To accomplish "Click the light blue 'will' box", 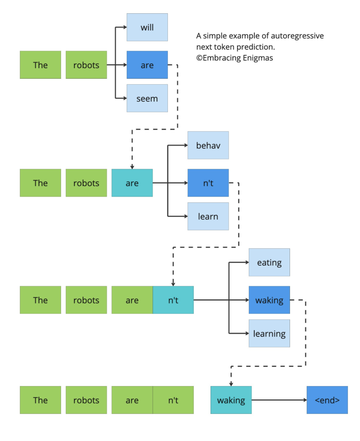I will [x=147, y=27].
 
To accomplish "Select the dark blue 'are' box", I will [x=147, y=65].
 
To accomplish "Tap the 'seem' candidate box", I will [x=147, y=98].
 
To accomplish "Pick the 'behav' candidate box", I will [x=208, y=145].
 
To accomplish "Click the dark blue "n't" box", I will [x=208, y=183].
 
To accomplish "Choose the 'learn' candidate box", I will [x=208, y=216].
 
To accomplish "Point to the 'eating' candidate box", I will [x=269, y=262].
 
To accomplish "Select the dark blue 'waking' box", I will [x=269, y=300].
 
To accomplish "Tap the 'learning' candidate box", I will [x=269, y=333].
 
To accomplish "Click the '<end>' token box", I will [x=327, y=400].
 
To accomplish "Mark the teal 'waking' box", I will [x=231, y=400].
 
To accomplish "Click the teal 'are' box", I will [x=132, y=183].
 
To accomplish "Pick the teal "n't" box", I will [x=173, y=300].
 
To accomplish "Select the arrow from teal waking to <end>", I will [x=279, y=400].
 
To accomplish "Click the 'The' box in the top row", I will [x=40, y=65].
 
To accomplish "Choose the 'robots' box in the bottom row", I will [x=86, y=400].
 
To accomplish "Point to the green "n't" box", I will [x=173, y=400].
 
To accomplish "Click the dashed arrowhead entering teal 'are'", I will [x=132, y=166].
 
